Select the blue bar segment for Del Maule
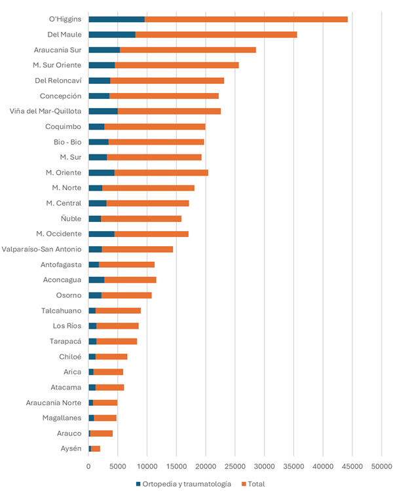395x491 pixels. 112,34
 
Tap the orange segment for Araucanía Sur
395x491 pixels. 187,50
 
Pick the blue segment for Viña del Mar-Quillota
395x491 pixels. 103,111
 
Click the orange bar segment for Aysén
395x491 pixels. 96,448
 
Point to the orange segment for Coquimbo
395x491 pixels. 155,126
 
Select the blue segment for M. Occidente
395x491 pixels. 102,234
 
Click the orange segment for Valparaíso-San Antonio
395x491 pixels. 137,249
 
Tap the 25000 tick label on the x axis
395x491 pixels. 235,467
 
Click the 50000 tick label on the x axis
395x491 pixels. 382,467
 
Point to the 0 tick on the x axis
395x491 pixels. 88,467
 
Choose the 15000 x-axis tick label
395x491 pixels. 176,467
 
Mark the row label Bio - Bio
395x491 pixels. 67,141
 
